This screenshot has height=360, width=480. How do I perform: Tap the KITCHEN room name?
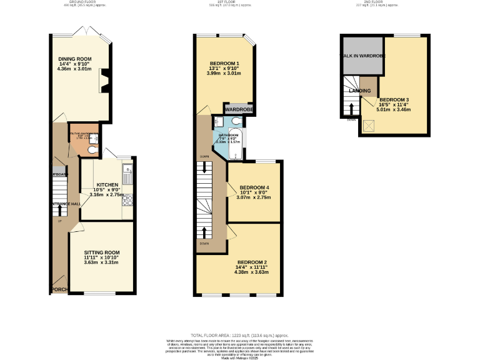(107, 185)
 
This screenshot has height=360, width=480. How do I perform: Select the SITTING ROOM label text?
(101, 252)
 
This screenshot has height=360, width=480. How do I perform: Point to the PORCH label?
(59, 289)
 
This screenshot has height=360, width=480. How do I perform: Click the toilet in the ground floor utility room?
(92, 149)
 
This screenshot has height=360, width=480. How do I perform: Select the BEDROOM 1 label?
(224, 63)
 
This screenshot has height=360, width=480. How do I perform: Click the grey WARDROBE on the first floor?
(238, 109)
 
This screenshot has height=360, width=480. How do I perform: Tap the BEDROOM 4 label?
(254, 187)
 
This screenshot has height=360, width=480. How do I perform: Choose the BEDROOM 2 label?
(252, 262)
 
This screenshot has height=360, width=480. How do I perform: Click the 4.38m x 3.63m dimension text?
(252, 272)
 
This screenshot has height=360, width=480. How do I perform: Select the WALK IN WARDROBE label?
(362, 56)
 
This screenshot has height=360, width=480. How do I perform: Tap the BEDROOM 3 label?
(394, 100)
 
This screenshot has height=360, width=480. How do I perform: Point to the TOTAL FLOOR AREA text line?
(240, 336)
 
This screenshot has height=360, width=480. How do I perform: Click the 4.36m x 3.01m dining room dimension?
(75, 69)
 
